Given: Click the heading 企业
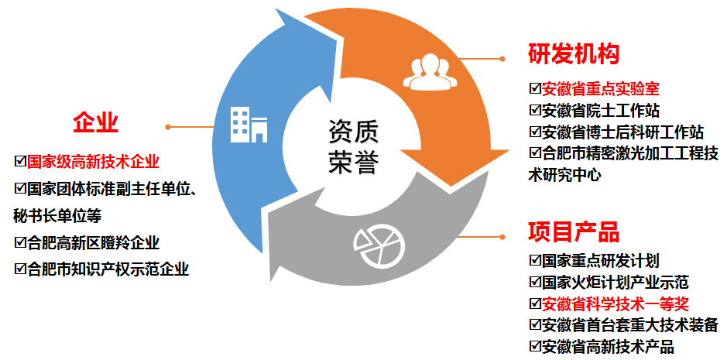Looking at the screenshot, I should (x=95, y=122).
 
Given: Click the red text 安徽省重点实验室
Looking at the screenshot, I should (x=601, y=88).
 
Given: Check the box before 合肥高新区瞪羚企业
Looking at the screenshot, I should (x=20, y=242).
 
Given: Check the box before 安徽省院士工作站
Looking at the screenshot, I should (x=534, y=110).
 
